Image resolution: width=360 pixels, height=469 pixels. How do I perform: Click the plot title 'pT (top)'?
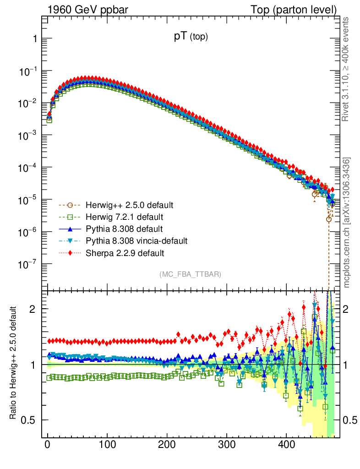click(x=191, y=38)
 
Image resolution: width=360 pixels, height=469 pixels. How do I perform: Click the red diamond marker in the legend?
click(x=70, y=253)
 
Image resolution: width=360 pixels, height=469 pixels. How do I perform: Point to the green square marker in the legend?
click(x=70, y=216)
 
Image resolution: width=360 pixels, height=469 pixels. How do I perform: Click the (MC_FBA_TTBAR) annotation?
click(x=191, y=274)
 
